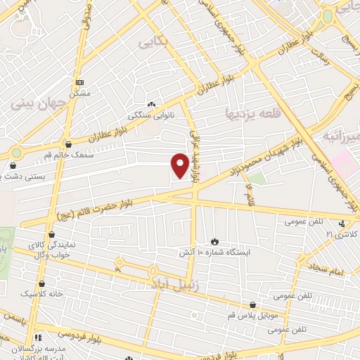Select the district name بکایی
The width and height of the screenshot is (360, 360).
153,44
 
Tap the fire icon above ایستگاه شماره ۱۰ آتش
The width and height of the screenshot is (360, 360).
213,241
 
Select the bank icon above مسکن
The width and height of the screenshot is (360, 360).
79,83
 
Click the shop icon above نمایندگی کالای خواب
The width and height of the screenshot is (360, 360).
51,235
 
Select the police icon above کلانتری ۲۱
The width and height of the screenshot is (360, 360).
342,224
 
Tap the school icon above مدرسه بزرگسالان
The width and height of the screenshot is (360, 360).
39,338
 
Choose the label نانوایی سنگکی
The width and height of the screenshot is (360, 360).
151,115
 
